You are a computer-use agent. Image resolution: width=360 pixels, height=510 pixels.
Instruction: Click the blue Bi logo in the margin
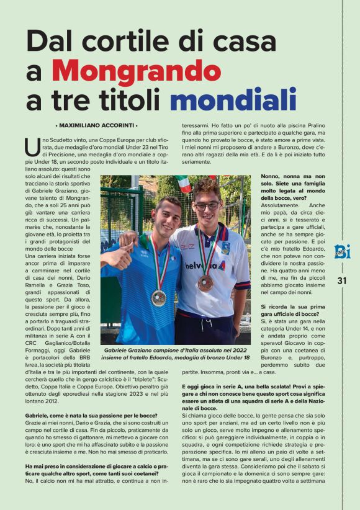[342, 251]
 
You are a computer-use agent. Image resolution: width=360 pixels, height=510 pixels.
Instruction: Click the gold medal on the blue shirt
[159, 298]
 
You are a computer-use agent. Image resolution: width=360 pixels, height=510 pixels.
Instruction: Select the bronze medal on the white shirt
[205, 283]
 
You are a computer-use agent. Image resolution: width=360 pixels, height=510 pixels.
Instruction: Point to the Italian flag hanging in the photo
[183, 184]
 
